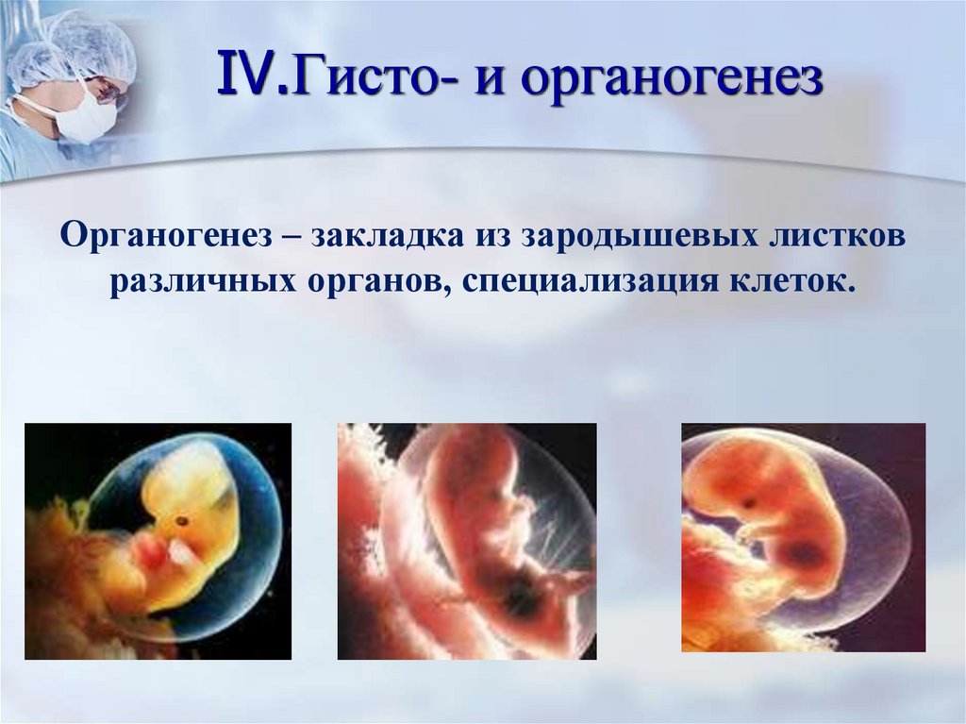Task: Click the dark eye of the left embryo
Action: (179, 520)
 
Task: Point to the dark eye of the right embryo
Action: (751, 503)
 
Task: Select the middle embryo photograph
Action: (467, 541)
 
